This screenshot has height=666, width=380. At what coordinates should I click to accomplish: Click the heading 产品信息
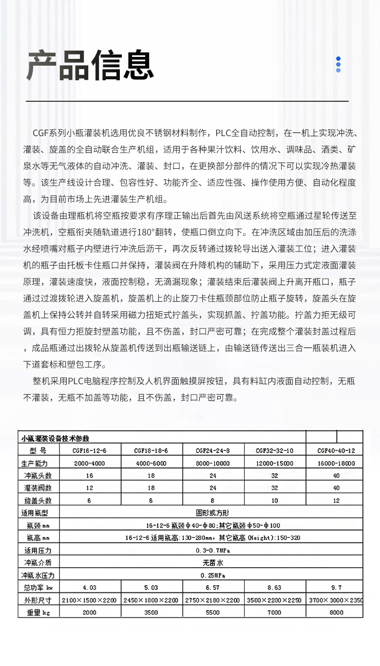pos(90,65)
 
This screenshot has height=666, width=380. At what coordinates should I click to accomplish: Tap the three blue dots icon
pos(338,64)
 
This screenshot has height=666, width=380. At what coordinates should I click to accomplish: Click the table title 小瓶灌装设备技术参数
pos(55,438)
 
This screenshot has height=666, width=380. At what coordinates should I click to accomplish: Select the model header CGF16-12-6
pos(89,450)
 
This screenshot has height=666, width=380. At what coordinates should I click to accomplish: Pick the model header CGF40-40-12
pos(336,450)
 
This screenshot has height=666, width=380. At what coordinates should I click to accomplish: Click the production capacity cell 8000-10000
pos(213,463)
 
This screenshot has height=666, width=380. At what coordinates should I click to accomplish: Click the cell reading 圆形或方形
pos(212,513)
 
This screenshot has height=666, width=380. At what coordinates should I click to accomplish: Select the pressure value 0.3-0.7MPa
pos(212,550)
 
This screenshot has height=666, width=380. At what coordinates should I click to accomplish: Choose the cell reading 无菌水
pos(212,563)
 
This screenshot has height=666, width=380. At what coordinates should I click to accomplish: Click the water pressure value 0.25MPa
pos(212,575)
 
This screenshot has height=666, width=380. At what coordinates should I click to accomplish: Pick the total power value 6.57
pos(213,587)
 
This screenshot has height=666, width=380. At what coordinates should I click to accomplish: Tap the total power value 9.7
pos(336,587)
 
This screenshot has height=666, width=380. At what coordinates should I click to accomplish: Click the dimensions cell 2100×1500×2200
pos(89,600)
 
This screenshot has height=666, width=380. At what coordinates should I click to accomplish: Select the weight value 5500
pos(213,612)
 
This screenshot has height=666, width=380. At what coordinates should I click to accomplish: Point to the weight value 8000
pos(336,612)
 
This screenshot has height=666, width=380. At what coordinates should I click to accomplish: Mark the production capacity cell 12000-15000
pos(274,463)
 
